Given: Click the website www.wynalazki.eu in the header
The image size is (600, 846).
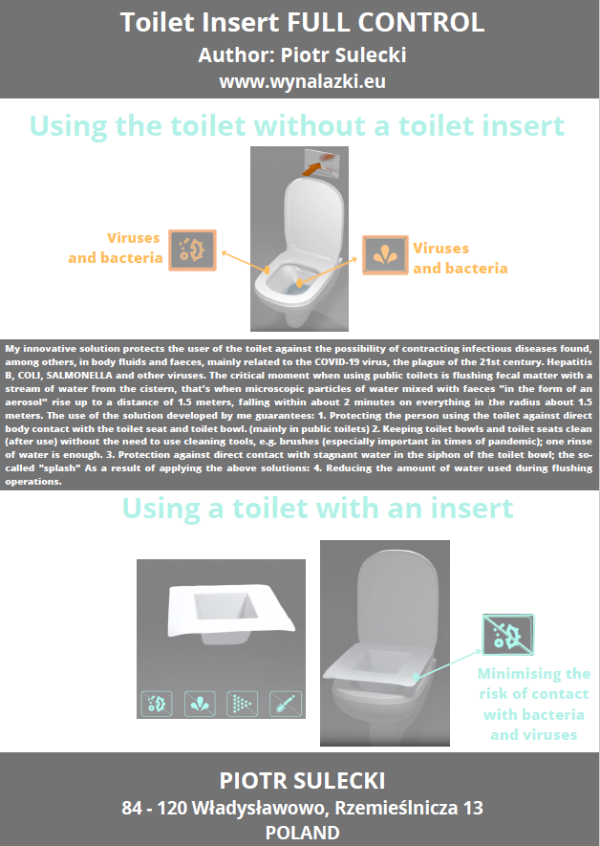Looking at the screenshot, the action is click(x=302, y=81).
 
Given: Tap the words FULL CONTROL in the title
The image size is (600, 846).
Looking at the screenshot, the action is click(x=385, y=23).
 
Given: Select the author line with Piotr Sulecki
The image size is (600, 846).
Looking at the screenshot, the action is click(x=302, y=55).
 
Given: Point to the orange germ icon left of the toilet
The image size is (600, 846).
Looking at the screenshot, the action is click(x=192, y=250).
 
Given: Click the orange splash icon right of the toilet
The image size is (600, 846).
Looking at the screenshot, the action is click(x=385, y=255).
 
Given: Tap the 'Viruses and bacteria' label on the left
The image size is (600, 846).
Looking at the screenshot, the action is click(x=116, y=248).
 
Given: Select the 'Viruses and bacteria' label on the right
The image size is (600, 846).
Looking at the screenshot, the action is click(x=461, y=258).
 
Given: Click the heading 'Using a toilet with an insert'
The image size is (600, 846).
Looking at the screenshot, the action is click(x=317, y=509).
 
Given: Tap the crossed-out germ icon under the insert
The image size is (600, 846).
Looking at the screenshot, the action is click(x=157, y=704).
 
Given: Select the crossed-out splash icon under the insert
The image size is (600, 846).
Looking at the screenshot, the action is click(x=200, y=704).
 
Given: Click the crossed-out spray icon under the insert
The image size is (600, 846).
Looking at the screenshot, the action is click(x=242, y=704).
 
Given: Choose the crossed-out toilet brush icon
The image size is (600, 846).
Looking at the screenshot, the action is click(x=286, y=704).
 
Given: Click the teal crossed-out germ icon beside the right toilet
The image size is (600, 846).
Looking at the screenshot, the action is click(x=508, y=635).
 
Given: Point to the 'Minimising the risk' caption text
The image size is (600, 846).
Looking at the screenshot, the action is click(x=534, y=705).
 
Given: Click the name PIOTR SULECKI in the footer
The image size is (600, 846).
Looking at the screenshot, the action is click(x=302, y=781).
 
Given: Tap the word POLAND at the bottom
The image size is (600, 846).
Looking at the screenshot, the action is click(x=302, y=833).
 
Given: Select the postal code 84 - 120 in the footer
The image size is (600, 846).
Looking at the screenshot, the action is click(x=154, y=808).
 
